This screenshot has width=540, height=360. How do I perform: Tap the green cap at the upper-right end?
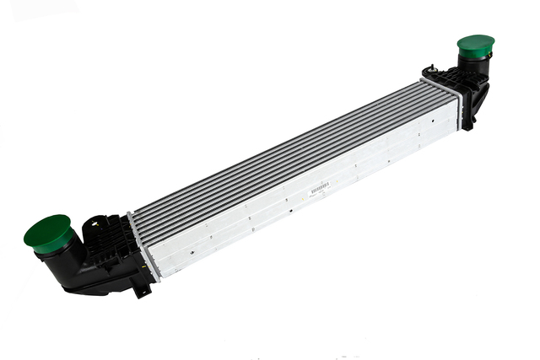(476, 46)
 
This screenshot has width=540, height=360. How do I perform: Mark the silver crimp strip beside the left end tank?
(142, 244)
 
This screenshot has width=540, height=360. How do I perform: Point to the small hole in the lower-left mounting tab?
(141, 292)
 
